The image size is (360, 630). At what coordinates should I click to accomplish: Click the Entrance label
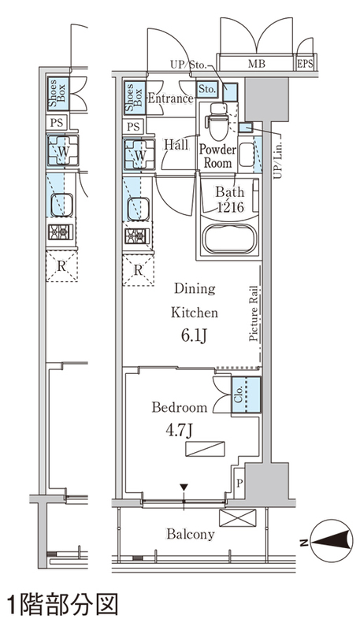click(170, 99)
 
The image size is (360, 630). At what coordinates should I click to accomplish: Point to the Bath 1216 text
click(229, 199)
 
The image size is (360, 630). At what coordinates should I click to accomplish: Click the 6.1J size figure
click(194, 336)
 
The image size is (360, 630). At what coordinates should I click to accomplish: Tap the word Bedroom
click(180, 407)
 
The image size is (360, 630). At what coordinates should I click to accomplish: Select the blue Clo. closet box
click(246, 395)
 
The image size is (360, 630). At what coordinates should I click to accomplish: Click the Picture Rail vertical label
click(253, 313)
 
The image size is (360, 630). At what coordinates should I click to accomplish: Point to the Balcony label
click(191, 535)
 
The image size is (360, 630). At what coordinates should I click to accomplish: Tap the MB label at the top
click(256, 64)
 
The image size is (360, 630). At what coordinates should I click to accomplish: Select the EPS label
click(306, 64)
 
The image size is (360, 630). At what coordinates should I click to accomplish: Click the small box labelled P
click(239, 483)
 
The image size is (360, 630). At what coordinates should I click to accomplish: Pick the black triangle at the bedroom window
click(184, 487)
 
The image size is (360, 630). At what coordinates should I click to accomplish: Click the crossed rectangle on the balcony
click(237, 518)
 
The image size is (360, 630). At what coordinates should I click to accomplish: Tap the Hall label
click(176, 145)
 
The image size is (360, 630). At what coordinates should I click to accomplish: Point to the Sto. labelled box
click(207, 89)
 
